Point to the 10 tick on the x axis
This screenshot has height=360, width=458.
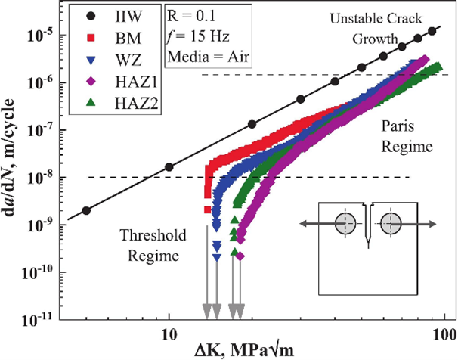[x=169, y=331]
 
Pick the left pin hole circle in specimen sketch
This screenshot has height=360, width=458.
[x=345, y=223]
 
